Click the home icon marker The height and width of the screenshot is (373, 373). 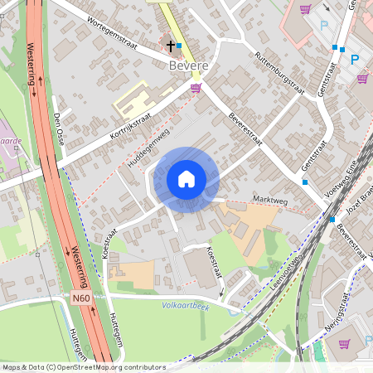click(186, 179)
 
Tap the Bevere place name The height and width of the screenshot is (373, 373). click(187, 65)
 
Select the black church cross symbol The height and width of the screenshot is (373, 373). click(171, 46)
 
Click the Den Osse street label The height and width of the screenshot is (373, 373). click(59, 128)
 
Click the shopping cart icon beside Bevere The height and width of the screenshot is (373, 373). click(196, 87)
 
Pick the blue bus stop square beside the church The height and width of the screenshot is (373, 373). click(179, 46)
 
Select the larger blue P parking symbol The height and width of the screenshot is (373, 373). click(355, 59)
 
